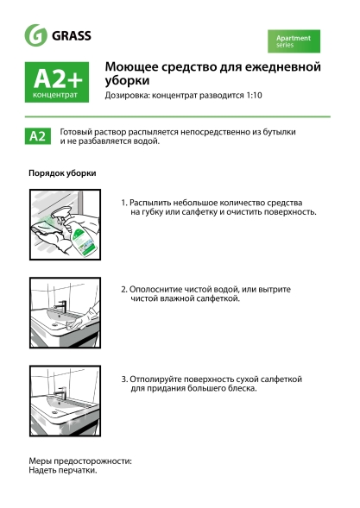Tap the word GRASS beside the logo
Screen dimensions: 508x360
72,36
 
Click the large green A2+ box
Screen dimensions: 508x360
59,83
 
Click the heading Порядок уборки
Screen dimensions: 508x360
62,172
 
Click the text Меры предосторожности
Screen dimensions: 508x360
79,461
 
